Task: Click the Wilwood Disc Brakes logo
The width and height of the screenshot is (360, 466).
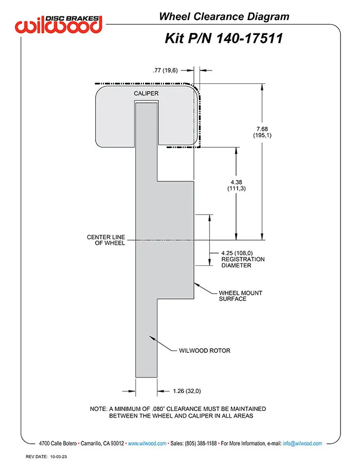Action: [59, 24]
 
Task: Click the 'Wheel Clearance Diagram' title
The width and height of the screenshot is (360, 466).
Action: [224, 16]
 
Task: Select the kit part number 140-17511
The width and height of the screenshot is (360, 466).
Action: [249, 39]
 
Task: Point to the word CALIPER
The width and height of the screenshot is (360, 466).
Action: [146, 93]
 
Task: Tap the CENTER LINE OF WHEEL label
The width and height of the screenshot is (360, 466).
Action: [106, 240]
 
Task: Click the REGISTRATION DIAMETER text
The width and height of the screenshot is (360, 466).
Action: [243, 262]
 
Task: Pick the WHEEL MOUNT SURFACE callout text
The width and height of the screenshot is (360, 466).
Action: [241, 296]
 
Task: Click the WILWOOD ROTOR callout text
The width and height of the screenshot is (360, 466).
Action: [205, 351]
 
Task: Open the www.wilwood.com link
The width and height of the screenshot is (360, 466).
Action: [147, 443]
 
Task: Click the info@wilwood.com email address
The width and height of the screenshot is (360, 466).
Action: [302, 443]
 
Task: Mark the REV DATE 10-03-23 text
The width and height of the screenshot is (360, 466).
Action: [46, 457]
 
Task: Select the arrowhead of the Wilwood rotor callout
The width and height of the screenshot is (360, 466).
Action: [152, 338]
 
